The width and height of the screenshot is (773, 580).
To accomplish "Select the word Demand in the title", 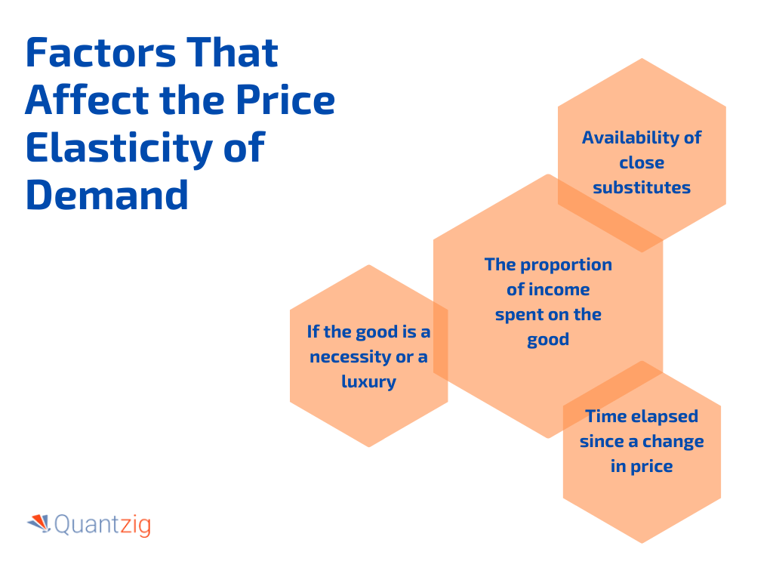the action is click(107, 195).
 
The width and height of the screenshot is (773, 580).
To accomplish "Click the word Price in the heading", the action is click(285, 100).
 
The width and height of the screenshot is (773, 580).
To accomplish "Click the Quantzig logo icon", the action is click(39, 523).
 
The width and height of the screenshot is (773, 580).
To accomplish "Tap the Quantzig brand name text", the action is click(103, 525).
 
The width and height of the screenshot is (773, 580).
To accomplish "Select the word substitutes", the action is click(642, 187).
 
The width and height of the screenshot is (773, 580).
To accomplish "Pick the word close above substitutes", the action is click(642, 162).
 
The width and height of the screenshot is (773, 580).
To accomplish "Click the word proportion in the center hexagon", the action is click(566, 265).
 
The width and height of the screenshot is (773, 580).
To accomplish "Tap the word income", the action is click(559, 289).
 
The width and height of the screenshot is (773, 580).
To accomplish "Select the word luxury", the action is click(368, 381).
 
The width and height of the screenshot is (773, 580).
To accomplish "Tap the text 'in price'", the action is click(642, 467).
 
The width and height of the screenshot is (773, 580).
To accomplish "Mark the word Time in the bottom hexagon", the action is click(605, 416).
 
